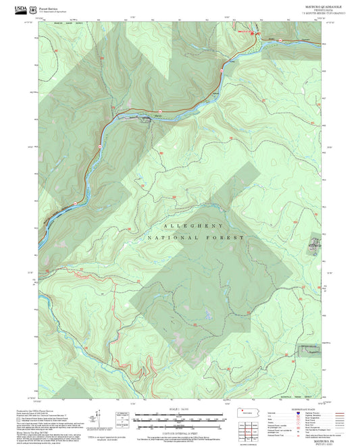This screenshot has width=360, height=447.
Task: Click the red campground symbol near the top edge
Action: coord(252,32)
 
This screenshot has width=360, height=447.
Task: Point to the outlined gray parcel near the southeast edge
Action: coord(309,349)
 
